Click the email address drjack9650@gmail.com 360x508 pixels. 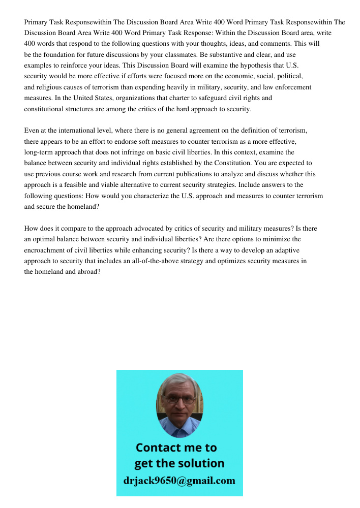(179, 481)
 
